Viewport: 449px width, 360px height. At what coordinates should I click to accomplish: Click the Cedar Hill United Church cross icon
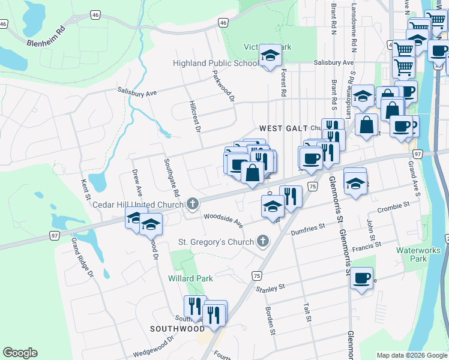click(x=192, y=205)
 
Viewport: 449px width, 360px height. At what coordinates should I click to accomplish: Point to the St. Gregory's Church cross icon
click(x=262, y=242)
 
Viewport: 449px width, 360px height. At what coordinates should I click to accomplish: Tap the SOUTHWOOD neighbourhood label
click(x=177, y=329)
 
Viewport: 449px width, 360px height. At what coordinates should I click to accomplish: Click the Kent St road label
click(x=86, y=188)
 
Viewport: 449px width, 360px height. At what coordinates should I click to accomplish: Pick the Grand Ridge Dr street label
click(x=83, y=257)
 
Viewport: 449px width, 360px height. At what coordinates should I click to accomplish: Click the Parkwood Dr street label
click(x=223, y=86)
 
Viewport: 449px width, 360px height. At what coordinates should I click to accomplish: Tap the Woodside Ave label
click(x=223, y=220)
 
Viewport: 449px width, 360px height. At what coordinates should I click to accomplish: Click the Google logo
click(x=20, y=353)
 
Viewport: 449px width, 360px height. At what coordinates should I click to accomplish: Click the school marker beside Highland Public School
click(x=270, y=56)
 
